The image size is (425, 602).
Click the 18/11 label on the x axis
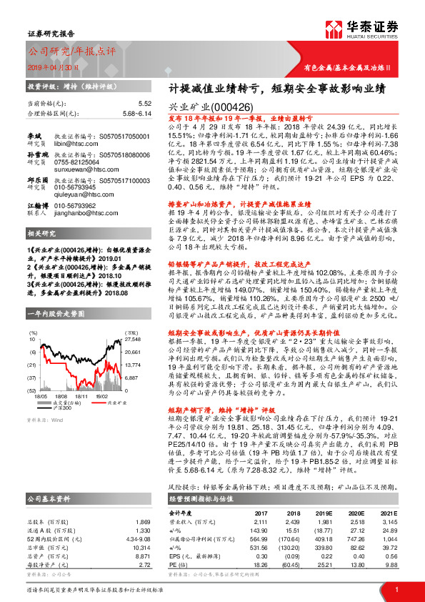pyautogui.click(x=81, y=395)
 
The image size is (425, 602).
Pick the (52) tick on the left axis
pyautogui.click(x=33, y=390)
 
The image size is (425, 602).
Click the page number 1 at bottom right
pyautogui.click(x=396, y=589)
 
